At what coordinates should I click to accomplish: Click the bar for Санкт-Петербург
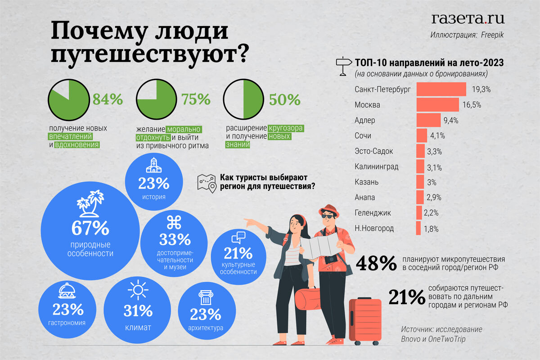[441, 89]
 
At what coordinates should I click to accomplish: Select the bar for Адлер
[428, 120]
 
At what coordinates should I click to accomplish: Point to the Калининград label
[376, 166]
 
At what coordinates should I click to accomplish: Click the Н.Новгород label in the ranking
[374, 228]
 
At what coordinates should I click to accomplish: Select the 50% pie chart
[243, 99]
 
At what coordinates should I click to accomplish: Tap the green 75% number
[196, 99]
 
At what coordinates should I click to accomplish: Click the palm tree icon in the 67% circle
[90, 203]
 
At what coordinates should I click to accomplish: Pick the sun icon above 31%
[138, 290]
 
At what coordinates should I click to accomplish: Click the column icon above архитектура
[205, 298]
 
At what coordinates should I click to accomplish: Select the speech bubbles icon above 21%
[238, 237]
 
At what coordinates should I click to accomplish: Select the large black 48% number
[376, 264]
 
